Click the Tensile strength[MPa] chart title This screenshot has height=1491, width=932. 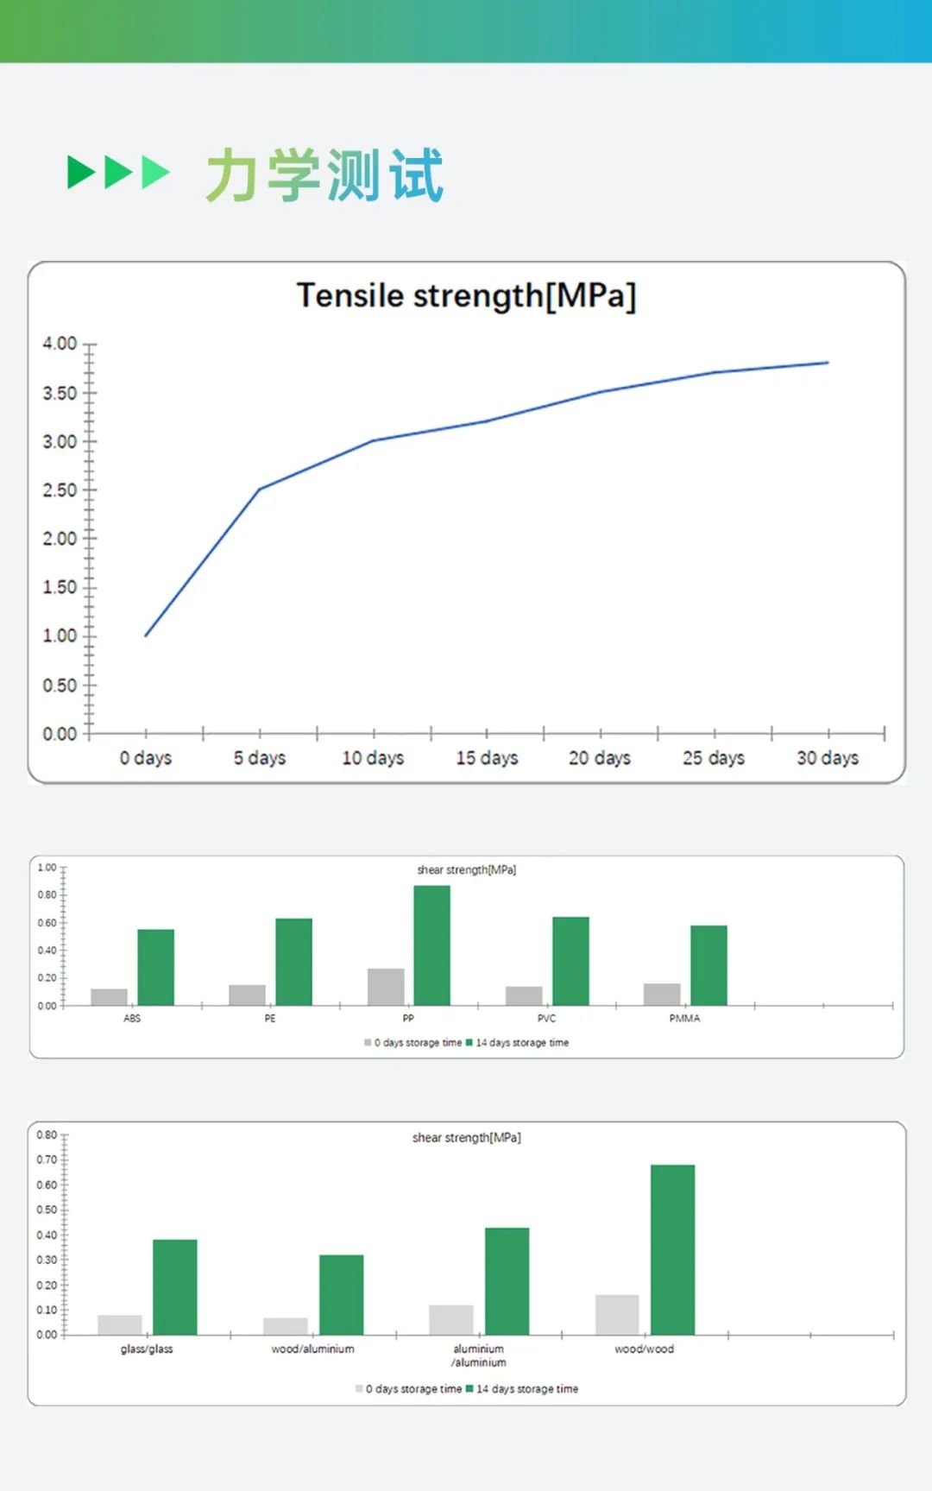pos(466,296)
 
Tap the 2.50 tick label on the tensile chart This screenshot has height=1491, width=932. pos(60,490)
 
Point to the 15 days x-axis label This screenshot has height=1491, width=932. pos(487,758)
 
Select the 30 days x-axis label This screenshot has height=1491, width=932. pos(827,758)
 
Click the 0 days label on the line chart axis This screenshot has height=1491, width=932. pos(145,758)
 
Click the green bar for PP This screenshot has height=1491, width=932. pos(431,945)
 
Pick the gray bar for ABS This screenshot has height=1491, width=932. pos(109,997)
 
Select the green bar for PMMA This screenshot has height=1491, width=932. pos(708,965)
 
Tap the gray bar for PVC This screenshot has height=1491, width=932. pos(524,995)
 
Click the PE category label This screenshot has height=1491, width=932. pos(270,1019)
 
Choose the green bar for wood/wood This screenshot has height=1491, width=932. pos(672,1249)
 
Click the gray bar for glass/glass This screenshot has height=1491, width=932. pos(120,1324)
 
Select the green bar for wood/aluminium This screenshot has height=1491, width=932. pos(341,1294)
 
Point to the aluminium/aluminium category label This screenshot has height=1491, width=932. pos(479,1355)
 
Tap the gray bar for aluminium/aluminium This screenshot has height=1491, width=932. pos(451,1319)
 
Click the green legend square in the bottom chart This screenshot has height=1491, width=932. pos(469,1389)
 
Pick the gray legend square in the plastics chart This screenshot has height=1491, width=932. pos(368,1043)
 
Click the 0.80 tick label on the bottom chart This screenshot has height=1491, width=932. pos(47,1135)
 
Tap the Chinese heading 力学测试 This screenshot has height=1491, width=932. pos(324,175)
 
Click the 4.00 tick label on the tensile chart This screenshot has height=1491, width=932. pos(60,344)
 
